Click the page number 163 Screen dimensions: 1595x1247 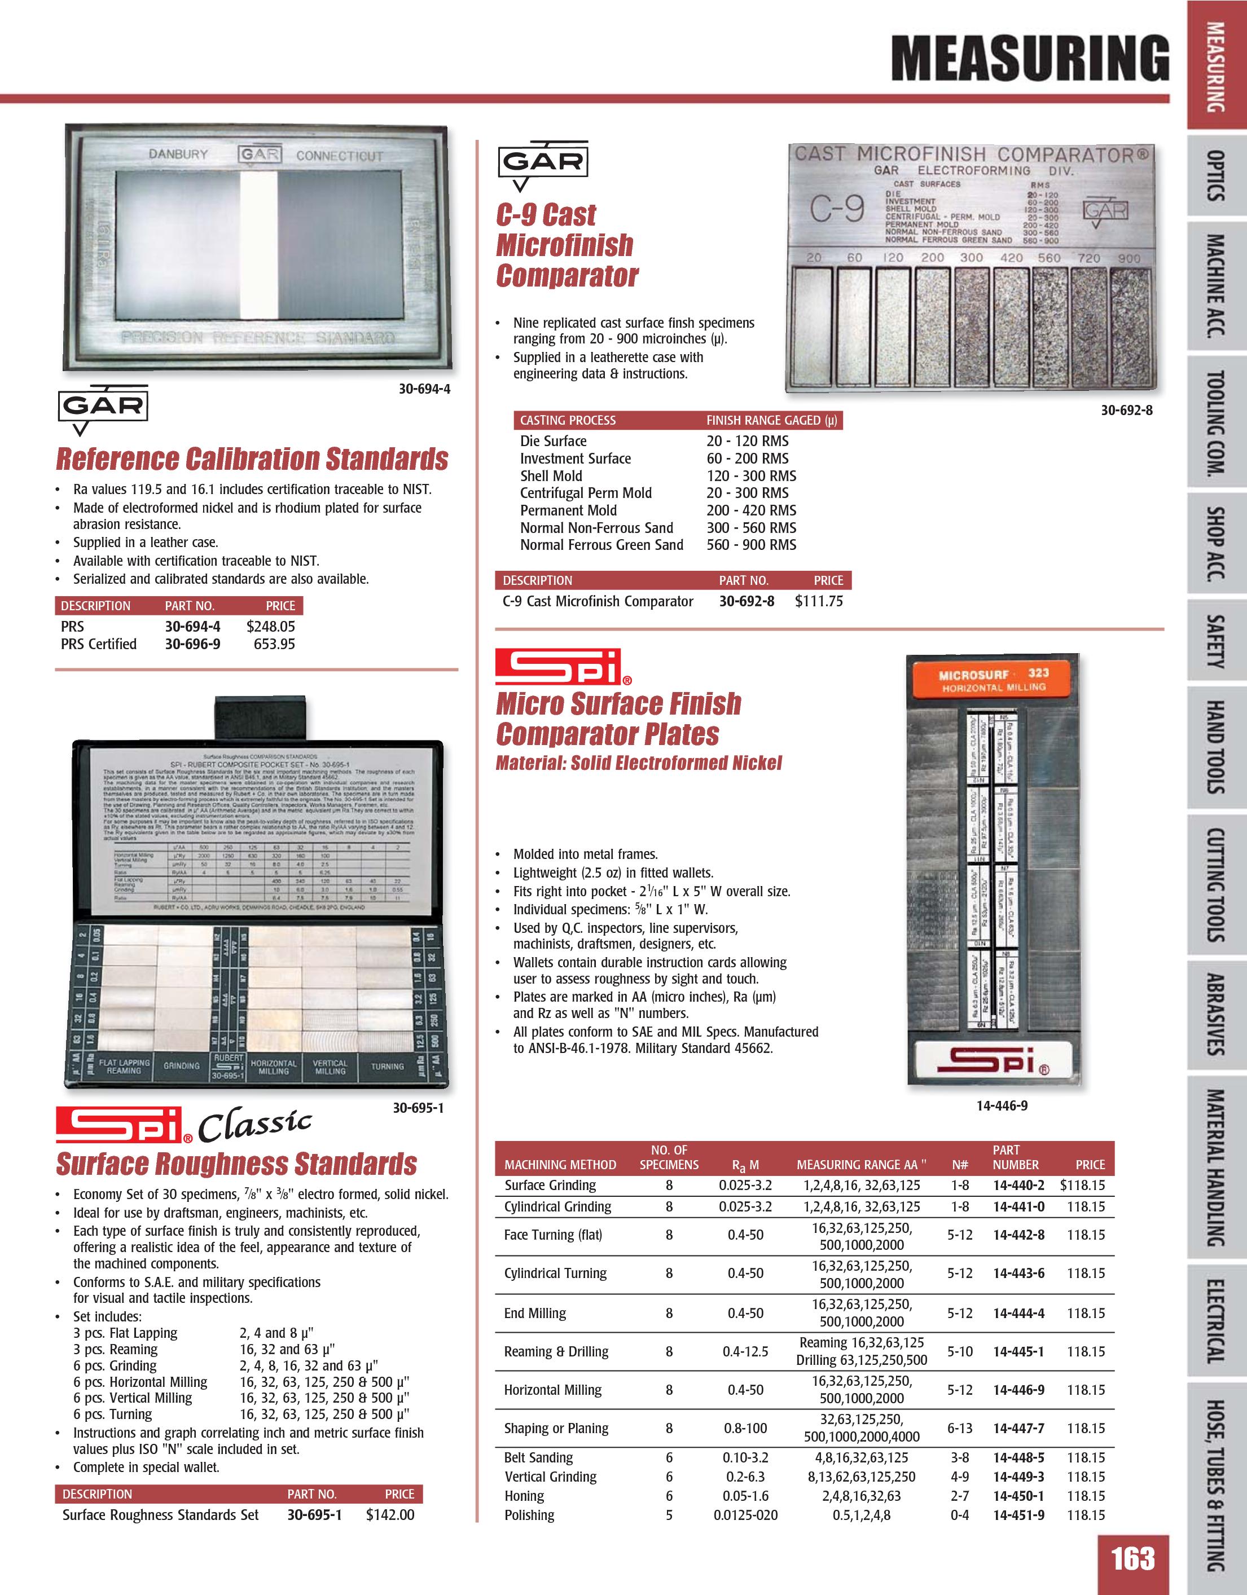(1132, 1558)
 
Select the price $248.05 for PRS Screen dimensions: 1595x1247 (270, 626)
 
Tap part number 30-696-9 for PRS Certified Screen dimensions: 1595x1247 (192, 644)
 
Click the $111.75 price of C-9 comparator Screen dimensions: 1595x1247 (818, 601)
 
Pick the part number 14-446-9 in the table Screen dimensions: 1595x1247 (1018, 1390)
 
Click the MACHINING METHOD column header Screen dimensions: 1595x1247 (560, 1165)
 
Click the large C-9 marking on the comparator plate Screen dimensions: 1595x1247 (837, 210)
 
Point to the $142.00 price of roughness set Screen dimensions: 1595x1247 (389, 1515)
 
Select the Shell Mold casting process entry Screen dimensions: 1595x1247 (551, 475)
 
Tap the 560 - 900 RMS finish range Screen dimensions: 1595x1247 (751, 545)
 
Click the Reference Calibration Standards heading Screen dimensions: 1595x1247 (252, 459)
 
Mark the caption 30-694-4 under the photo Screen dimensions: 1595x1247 (424, 389)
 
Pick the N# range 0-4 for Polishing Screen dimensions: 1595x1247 (960, 1515)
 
